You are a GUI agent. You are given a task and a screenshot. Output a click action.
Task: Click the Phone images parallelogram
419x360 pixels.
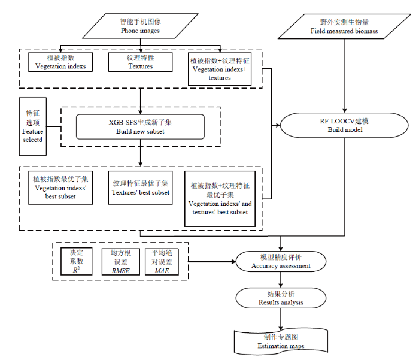140,26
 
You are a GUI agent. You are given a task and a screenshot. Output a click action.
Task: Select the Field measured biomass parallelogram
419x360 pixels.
344,26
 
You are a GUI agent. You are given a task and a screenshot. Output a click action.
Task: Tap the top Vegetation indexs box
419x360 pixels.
60,62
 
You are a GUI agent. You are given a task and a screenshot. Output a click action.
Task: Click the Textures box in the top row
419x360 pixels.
140,62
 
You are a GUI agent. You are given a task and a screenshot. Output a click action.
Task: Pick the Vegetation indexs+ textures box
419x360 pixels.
220,69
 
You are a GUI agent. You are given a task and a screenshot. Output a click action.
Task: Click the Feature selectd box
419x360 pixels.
32,126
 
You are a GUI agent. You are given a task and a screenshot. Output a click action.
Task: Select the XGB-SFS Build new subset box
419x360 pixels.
140,127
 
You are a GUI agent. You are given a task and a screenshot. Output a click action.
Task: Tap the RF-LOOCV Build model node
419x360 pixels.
344,125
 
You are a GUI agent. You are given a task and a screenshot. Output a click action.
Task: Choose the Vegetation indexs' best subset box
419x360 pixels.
60,187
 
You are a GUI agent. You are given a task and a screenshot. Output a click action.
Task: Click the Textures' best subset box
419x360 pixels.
140,187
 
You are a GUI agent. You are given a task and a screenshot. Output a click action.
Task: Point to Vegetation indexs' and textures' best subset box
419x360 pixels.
220,199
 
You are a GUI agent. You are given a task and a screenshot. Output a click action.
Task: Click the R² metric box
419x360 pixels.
77,261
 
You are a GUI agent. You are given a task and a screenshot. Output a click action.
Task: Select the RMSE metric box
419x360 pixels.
121,262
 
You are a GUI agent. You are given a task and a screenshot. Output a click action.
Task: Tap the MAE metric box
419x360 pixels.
162,262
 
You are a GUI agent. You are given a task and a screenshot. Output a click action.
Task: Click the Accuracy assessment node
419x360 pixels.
281,262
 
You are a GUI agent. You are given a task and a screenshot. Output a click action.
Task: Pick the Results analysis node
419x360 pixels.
281,298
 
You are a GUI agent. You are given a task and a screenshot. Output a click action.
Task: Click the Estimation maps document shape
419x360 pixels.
281,341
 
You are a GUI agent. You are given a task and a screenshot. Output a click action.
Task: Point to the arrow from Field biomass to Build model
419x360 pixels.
345,76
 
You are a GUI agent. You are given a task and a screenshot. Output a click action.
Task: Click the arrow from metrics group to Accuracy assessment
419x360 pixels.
212,261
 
